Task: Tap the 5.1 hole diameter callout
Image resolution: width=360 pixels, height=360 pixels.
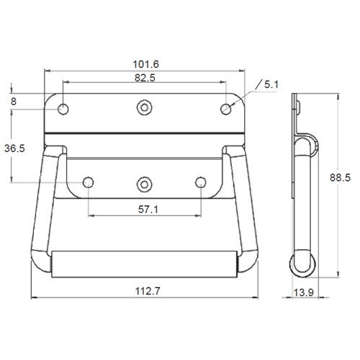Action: pos(271,84)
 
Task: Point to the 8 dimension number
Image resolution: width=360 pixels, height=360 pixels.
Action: pos(14,102)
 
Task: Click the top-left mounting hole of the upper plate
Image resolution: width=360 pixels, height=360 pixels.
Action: pos(64,109)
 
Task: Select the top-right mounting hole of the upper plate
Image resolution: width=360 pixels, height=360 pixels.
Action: pos(226,109)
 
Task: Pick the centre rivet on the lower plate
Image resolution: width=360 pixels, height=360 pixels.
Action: pos(145,182)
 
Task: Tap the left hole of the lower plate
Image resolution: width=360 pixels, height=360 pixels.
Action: pos(89,182)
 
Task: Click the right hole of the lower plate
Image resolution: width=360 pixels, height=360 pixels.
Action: pos(202,182)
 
